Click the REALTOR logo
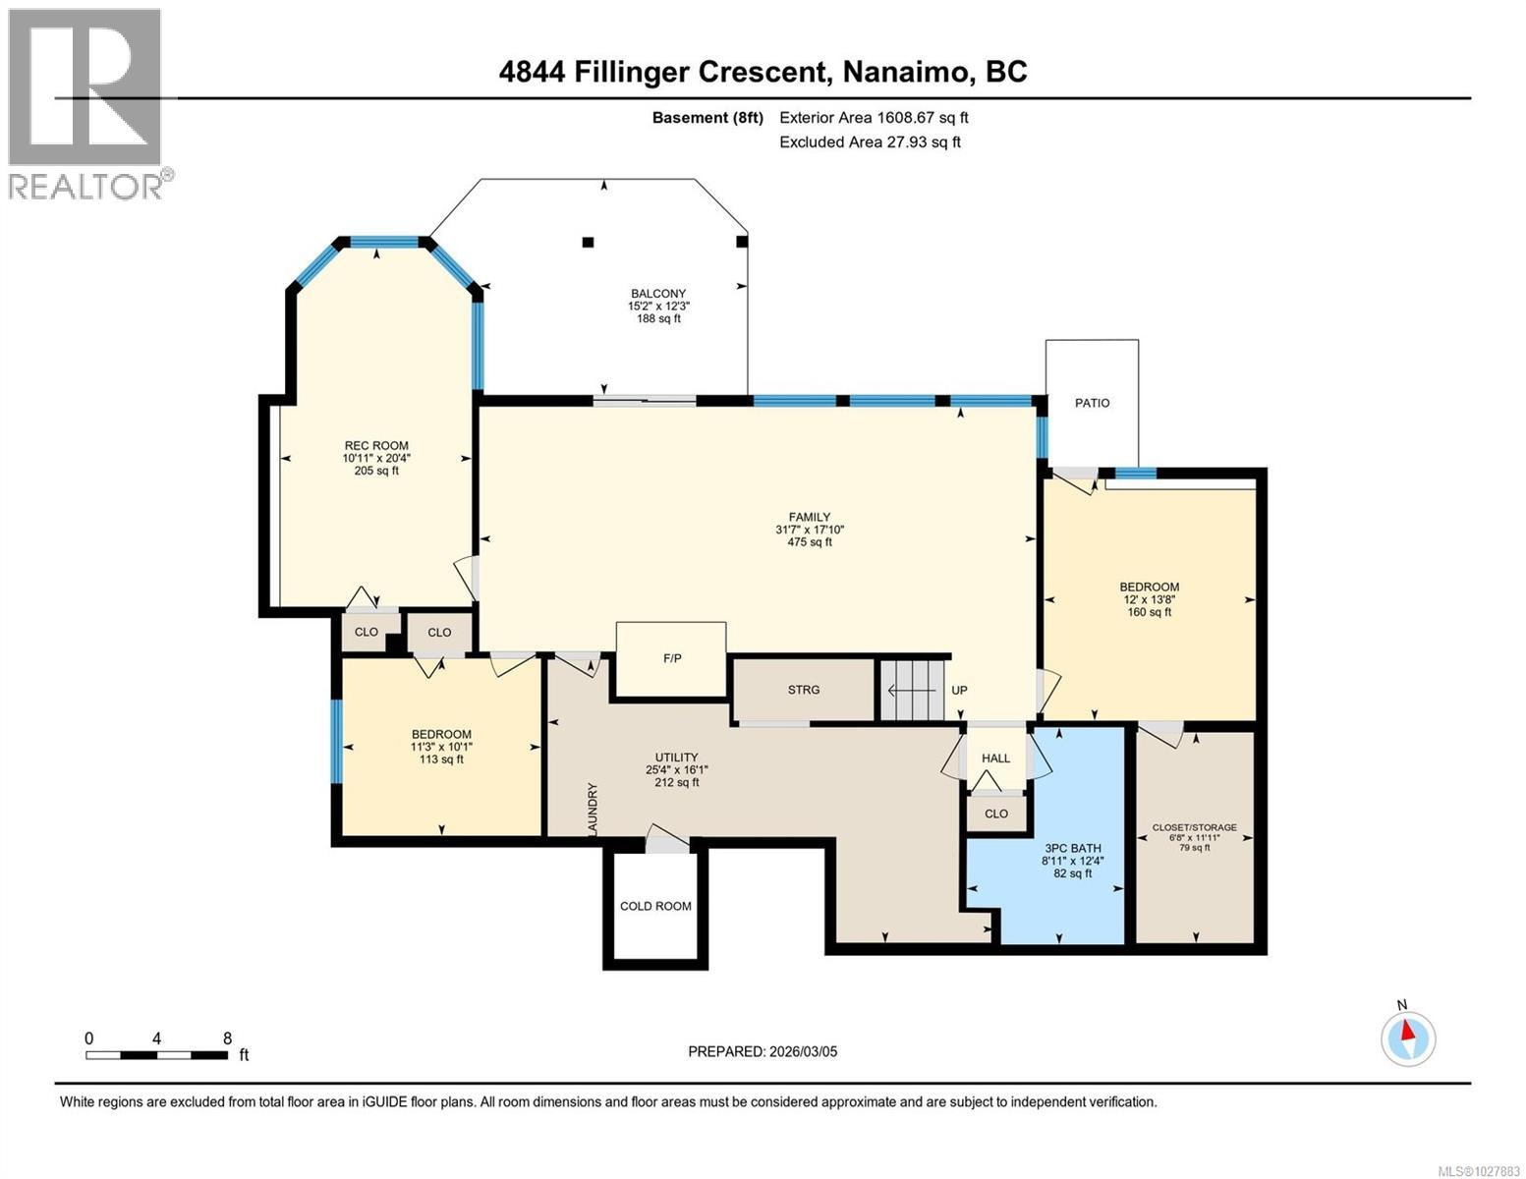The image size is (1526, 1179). (x=86, y=103)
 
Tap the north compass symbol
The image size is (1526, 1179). (x=1408, y=1038)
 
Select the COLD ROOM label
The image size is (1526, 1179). (x=655, y=906)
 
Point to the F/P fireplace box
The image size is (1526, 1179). (x=672, y=658)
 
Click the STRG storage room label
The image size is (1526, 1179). (x=803, y=690)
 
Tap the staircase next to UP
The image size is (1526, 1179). (x=911, y=690)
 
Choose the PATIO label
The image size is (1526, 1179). (x=1092, y=403)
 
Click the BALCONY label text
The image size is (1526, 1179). (x=657, y=294)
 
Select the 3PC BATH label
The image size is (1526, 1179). (x=1072, y=848)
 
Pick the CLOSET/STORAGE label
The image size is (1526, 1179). (x=1194, y=827)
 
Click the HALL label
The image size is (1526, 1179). (x=995, y=758)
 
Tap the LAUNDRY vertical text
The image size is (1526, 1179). (x=593, y=810)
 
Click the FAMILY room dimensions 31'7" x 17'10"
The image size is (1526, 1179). (x=809, y=530)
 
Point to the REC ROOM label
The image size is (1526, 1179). (x=375, y=445)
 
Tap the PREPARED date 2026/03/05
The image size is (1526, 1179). (x=763, y=1051)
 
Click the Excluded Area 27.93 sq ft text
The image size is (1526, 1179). (x=870, y=141)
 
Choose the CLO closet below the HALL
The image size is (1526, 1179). (x=995, y=814)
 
